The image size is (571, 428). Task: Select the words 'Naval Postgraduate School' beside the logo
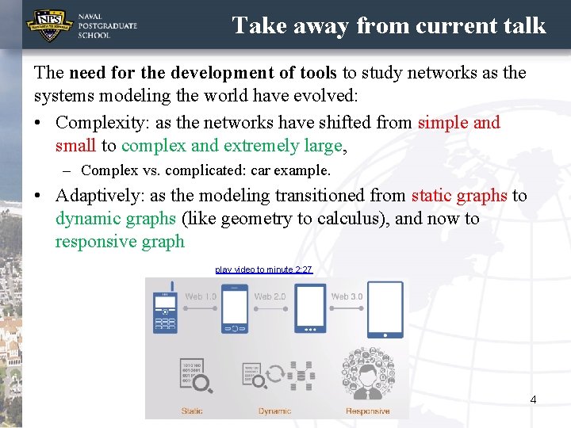pos(107,26)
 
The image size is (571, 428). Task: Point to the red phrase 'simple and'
pos(458,123)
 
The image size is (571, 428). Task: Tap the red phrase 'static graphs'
pos(458,196)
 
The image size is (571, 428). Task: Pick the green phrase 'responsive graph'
pos(120,242)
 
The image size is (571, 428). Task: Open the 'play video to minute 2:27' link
pos(264,269)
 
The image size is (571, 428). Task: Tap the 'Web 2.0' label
pos(270,296)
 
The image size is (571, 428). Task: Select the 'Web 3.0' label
pos(347,296)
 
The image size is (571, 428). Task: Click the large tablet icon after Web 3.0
pos(385,310)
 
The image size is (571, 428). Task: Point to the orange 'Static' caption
pos(192,411)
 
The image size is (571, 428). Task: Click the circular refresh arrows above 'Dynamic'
pos(275,374)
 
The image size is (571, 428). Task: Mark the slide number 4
pos(533,399)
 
